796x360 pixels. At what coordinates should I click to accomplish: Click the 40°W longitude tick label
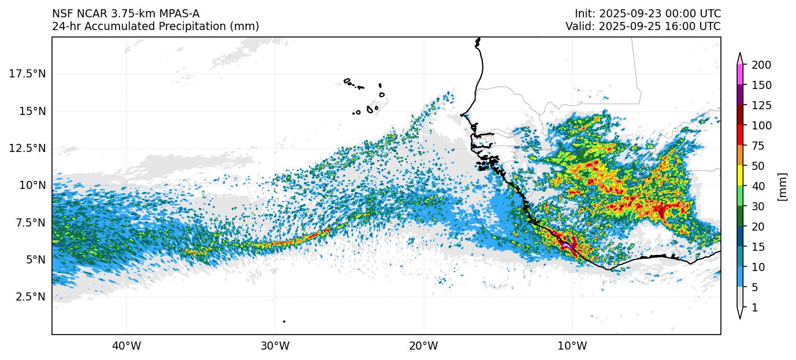126,346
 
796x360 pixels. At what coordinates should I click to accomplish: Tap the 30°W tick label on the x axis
275,346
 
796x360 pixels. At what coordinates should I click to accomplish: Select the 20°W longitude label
423,346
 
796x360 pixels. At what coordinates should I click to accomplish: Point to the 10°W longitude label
572,346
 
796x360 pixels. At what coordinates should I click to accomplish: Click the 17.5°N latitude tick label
28,74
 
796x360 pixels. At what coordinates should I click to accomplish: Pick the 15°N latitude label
32,111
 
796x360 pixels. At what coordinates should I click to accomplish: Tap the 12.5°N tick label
28,149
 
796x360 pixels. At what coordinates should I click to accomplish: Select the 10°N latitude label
32,185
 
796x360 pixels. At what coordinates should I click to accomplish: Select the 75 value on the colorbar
757,146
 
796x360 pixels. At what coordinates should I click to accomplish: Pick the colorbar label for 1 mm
754,308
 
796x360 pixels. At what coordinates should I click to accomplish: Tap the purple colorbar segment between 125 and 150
740,95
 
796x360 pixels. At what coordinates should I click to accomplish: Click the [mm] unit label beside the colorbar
783,186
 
